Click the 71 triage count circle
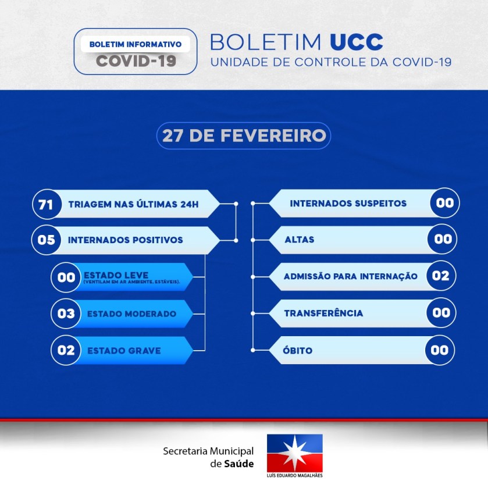[47, 204]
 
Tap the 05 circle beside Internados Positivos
[47, 240]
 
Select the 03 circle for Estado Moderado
[66, 314]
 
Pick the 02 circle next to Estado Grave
[66, 350]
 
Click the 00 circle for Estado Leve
[66, 277]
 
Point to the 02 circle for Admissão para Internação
[441, 276]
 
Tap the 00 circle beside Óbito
[440, 350]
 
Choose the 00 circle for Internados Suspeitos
[445, 203]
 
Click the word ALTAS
[300, 239]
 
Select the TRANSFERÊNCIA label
[323, 313]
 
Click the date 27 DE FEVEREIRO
[244, 136]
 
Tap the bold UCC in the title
[357, 42]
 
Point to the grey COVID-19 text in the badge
[136, 60]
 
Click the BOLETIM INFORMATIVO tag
[136, 44]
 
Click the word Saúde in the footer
[238, 464]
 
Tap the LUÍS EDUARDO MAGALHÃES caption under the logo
[294, 475]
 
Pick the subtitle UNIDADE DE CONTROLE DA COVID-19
[331, 62]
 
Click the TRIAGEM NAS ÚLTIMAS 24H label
[134, 204]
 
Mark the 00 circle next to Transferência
[441, 312]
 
